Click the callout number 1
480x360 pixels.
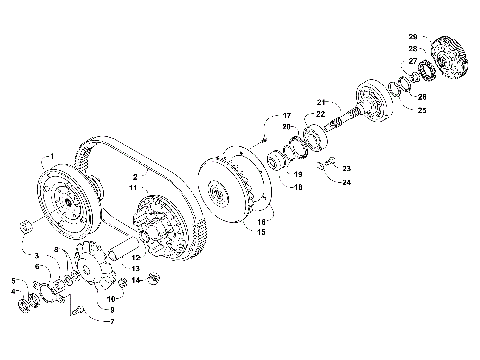click(x=46, y=158)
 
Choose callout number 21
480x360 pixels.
click(x=321, y=103)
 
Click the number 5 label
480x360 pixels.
click(x=13, y=281)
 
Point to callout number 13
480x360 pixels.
click(x=136, y=268)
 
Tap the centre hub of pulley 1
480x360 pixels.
click(x=71, y=207)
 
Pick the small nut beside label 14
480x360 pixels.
click(x=154, y=277)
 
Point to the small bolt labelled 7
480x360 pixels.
click(x=77, y=310)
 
